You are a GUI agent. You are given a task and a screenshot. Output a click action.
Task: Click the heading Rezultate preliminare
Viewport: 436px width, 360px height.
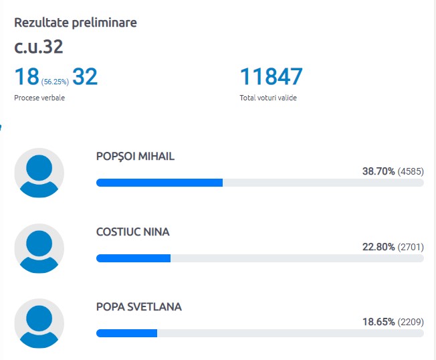(76, 23)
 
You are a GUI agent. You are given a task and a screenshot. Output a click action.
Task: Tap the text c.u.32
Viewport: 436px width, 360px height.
(39, 48)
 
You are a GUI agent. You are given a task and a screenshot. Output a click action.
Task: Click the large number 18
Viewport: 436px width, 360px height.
(26, 77)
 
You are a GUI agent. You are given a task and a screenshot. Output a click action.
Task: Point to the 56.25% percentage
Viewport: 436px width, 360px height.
(55, 82)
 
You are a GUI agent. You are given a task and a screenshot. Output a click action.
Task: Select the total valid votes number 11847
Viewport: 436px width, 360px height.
(271, 77)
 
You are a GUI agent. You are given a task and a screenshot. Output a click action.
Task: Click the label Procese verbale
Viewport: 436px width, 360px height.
(39, 98)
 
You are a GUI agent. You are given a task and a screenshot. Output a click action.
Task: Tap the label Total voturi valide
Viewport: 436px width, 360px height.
(268, 98)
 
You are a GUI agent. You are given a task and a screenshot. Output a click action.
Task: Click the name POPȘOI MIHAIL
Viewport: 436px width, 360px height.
(135, 157)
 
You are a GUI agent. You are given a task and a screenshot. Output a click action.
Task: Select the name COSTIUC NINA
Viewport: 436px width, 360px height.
(133, 232)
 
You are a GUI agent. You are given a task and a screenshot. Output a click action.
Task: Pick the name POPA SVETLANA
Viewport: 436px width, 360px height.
(139, 307)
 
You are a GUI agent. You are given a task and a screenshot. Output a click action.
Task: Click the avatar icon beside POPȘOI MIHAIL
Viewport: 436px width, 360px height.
(39, 173)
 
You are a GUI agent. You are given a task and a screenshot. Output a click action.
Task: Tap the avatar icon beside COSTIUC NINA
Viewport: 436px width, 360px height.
(39, 248)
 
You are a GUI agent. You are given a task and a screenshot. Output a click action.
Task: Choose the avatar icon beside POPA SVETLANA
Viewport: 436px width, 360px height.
(39, 323)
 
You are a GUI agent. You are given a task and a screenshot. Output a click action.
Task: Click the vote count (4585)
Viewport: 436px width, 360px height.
(411, 172)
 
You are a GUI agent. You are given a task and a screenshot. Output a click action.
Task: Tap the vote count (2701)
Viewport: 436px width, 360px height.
(411, 248)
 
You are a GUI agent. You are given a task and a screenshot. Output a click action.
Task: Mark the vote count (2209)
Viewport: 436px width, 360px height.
(411, 323)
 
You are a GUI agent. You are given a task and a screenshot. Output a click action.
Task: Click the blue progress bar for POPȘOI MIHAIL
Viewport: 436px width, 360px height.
(159, 183)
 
